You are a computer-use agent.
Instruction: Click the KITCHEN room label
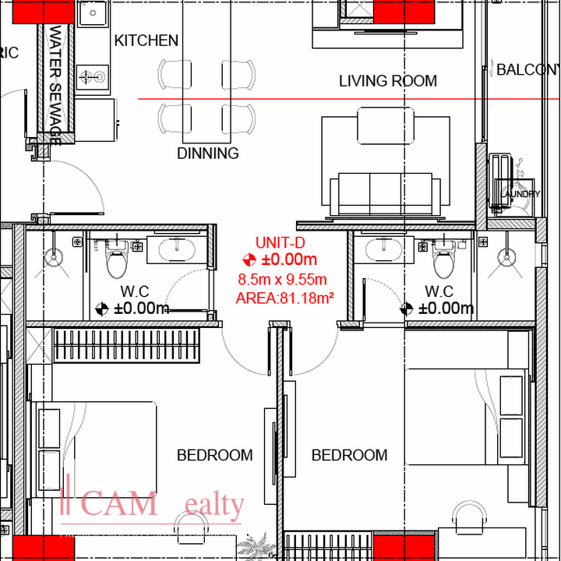[x=146, y=41]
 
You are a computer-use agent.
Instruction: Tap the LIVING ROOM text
[x=387, y=81]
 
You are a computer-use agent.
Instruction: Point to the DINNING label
[x=208, y=153]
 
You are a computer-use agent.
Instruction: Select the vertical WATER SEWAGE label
[x=55, y=86]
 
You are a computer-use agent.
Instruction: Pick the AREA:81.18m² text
[x=284, y=297]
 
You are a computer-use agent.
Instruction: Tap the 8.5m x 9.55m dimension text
[x=282, y=279]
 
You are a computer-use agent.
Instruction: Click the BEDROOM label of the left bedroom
[x=214, y=455]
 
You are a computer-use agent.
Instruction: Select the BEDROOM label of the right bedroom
[x=349, y=455]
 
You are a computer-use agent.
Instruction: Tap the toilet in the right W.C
[x=442, y=259]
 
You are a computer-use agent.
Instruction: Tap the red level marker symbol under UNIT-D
[x=249, y=260]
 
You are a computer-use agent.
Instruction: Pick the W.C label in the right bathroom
[x=439, y=291]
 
